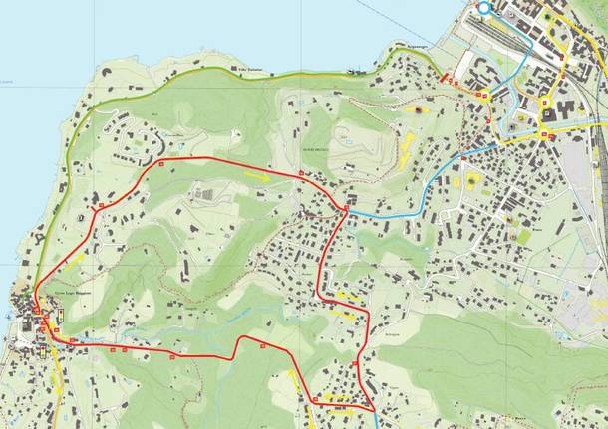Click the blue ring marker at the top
click(484, 8)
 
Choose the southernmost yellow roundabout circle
click(546, 133)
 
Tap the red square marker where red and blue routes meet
click(345, 208)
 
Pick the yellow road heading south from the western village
click(57, 388)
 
